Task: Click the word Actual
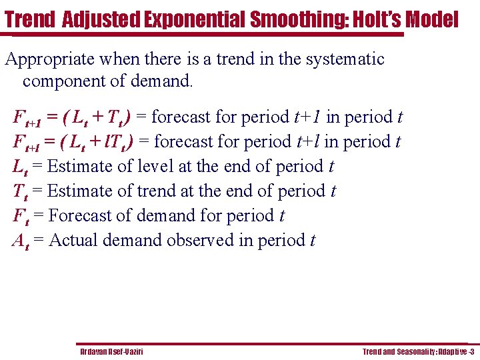pos(73,240)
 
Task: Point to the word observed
pos(200,240)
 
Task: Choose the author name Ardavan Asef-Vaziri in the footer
pos(111,351)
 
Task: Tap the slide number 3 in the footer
pos(472,351)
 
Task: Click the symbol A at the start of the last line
pos(19,240)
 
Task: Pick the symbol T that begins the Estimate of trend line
pos(18,191)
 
